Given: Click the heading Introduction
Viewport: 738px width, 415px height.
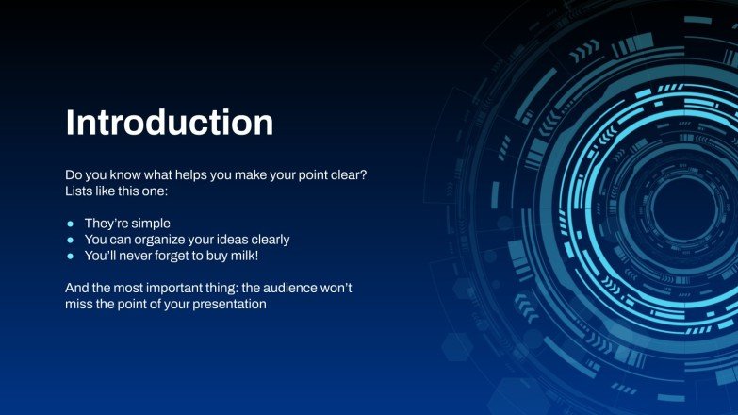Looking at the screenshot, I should (169, 123).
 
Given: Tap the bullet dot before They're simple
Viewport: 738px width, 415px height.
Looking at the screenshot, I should (70, 224).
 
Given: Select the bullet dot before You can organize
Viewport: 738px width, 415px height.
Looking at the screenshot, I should (70, 240).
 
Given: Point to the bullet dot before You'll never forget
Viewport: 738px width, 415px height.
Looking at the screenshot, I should (70, 257).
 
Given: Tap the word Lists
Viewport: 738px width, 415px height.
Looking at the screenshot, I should (80, 191).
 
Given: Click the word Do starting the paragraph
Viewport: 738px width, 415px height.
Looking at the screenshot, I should (74, 175).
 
